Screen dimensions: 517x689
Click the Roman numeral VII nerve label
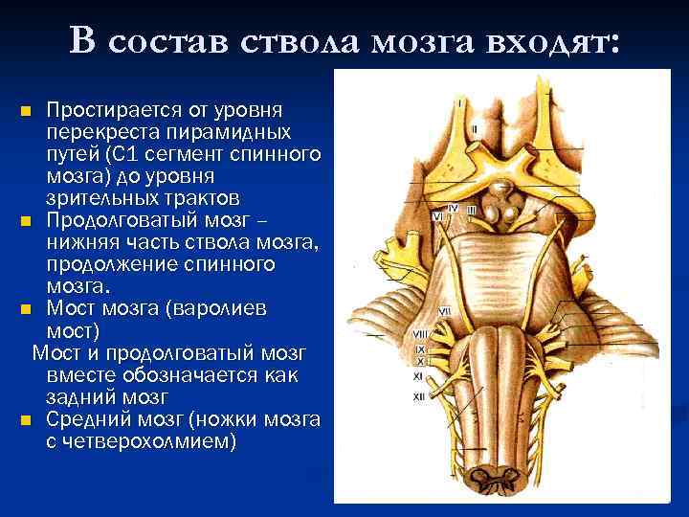click(x=444, y=312)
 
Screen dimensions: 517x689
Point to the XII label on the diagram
click(x=418, y=395)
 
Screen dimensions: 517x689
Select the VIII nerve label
click(x=420, y=333)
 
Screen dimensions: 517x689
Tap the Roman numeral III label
click(x=470, y=210)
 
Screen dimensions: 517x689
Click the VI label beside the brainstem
click(x=437, y=216)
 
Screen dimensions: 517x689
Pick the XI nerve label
click(x=419, y=379)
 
